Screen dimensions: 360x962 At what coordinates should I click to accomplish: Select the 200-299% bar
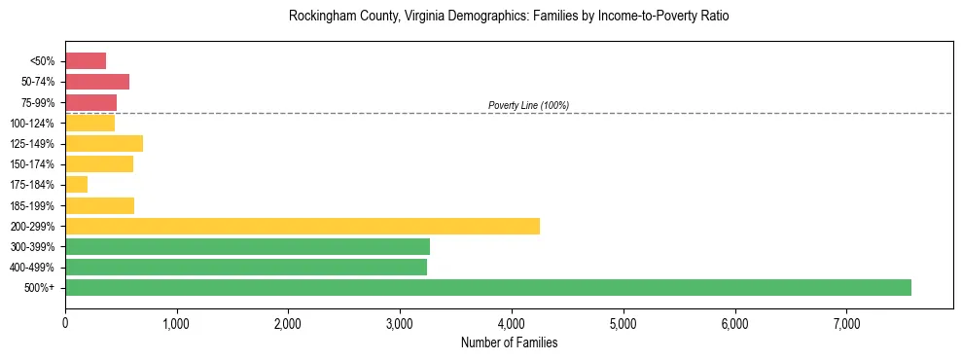303,226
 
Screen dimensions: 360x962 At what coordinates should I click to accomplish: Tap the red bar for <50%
86,61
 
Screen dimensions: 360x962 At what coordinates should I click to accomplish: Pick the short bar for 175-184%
77,185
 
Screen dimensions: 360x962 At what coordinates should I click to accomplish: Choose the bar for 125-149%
104,143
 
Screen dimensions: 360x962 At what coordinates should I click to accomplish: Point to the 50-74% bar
97,82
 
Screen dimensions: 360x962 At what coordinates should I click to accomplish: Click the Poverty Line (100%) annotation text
528,105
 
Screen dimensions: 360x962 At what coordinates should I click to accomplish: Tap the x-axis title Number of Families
509,342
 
